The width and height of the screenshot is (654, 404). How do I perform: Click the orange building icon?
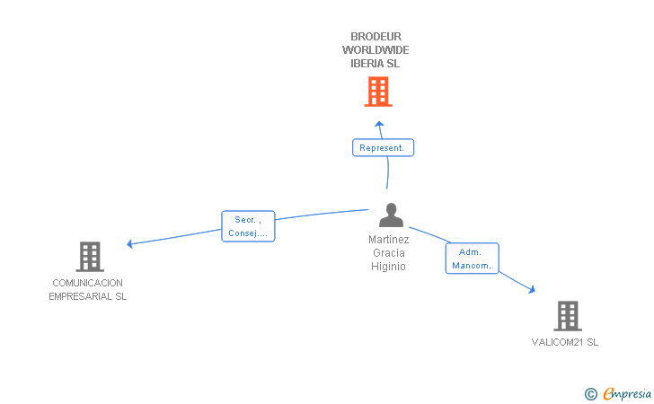click(x=378, y=92)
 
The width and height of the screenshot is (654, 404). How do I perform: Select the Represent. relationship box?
click(x=383, y=147)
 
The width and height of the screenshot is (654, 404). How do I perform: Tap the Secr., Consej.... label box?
click(x=248, y=226)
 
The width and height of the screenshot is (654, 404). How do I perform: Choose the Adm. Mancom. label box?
click(x=472, y=259)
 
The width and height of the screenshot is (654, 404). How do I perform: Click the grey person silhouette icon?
click(x=391, y=215)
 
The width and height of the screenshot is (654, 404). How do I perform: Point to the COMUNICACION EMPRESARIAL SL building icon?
click(x=90, y=257)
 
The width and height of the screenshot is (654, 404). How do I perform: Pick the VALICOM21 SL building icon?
click(x=568, y=316)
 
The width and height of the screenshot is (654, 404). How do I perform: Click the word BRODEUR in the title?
click(x=376, y=37)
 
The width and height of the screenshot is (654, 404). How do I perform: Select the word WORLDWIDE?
click(x=376, y=50)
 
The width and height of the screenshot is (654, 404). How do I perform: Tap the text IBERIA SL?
click(x=375, y=64)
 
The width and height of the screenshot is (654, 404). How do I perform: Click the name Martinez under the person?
click(x=388, y=240)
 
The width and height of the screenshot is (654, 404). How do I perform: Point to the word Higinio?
click(x=388, y=267)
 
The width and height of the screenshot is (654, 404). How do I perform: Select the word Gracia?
click(x=389, y=253)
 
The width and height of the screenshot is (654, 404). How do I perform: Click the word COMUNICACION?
click(x=88, y=283)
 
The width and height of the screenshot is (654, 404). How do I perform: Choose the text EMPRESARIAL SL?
click(x=88, y=296)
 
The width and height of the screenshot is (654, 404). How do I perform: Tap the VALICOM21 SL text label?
click(x=565, y=342)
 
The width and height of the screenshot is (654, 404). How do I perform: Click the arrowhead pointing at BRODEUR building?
click(x=379, y=124)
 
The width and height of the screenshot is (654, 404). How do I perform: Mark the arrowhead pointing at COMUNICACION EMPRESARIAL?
click(x=129, y=244)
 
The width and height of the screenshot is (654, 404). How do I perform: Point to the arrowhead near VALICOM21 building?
click(x=532, y=289)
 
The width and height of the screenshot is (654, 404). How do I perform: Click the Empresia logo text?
click(x=626, y=393)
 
